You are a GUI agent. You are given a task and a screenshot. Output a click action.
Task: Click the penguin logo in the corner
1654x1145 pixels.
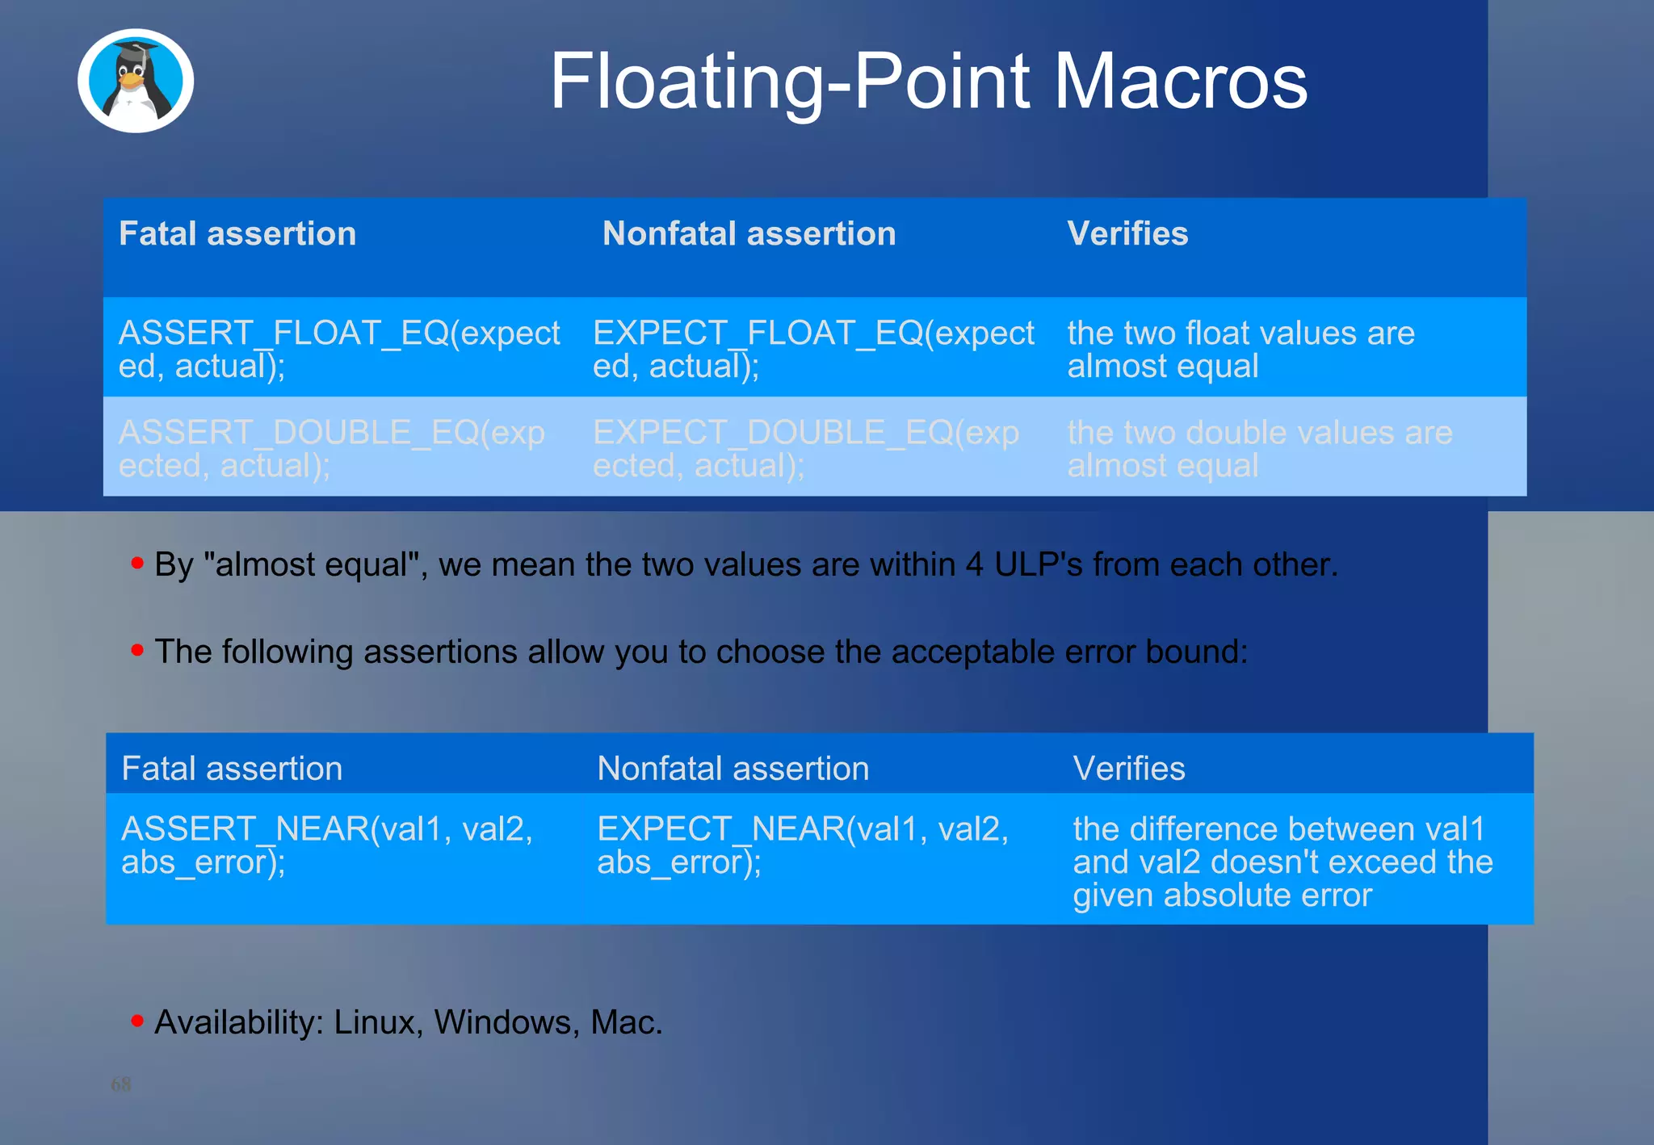coord(136,81)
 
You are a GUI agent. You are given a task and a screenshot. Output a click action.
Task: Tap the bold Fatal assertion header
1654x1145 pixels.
coord(237,234)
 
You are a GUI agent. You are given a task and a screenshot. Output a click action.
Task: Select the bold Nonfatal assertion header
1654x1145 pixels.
coord(749,234)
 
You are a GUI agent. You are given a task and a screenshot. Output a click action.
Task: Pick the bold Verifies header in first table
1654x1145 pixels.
coord(1127,234)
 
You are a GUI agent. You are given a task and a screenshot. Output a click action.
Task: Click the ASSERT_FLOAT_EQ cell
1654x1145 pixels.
coord(338,349)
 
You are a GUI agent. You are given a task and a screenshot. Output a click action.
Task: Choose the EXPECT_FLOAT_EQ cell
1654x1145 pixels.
coord(812,349)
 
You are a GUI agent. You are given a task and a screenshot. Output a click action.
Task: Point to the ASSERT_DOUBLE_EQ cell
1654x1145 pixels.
coord(331,448)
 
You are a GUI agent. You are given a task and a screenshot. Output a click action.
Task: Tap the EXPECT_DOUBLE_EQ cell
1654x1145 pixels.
coord(805,448)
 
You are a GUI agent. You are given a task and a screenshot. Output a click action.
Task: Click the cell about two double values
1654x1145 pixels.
coord(1259,448)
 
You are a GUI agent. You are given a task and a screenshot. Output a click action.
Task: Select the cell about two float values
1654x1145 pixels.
coord(1240,349)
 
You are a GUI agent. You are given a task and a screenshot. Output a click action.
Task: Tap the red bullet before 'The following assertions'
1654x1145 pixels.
coord(137,649)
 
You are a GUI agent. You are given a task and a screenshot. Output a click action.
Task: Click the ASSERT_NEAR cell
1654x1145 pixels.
coord(326,845)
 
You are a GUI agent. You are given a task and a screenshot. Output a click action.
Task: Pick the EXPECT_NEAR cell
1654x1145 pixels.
coord(802,845)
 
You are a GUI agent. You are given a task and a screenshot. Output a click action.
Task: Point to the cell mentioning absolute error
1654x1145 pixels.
coord(1282,862)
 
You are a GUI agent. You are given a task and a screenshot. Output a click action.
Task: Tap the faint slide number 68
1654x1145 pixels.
coord(120,1084)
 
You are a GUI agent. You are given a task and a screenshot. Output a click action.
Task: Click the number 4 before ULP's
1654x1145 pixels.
coord(974,564)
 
